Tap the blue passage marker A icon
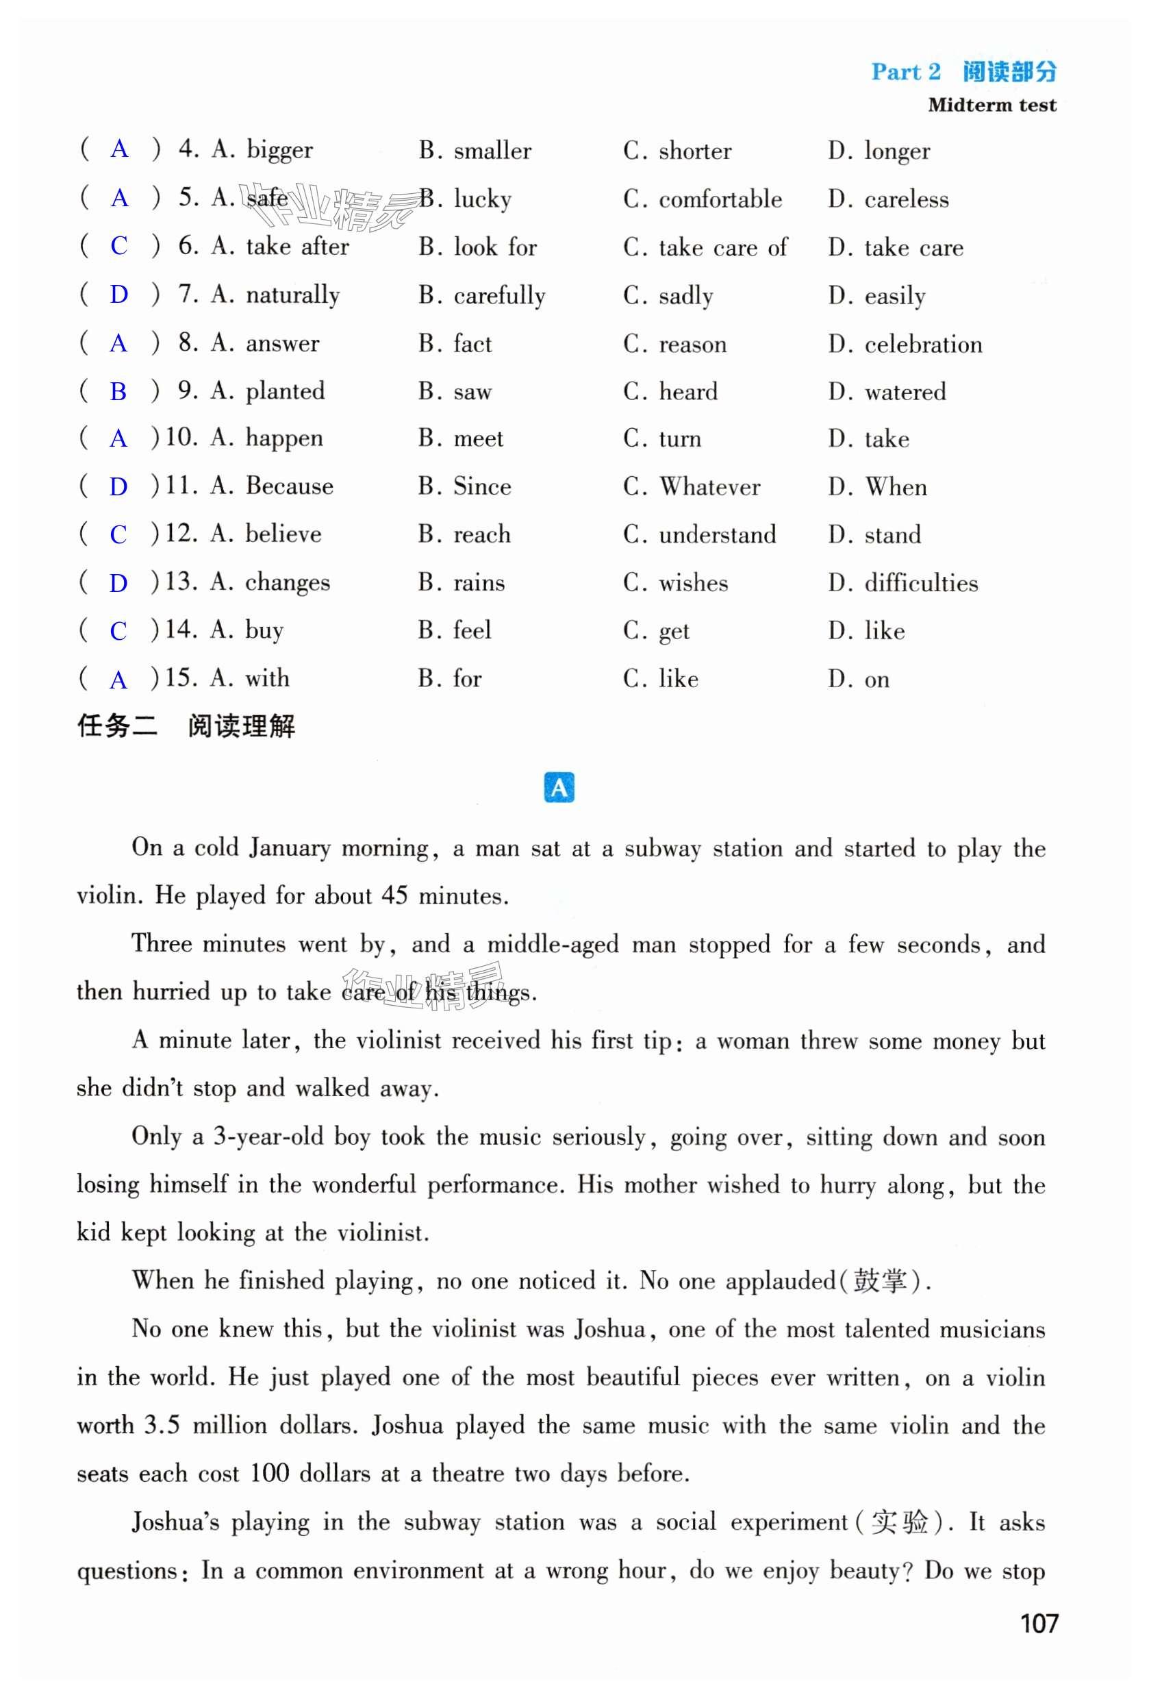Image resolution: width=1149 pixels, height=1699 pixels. (x=559, y=788)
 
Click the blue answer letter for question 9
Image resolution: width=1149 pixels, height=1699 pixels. (x=118, y=392)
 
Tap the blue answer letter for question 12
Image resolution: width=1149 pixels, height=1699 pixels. (x=118, y=535)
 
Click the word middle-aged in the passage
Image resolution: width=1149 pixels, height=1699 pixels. (x=553, y=945)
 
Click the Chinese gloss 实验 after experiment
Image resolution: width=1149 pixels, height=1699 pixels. (x=899, y=1522)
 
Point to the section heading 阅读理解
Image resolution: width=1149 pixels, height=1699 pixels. (x=241, y=727)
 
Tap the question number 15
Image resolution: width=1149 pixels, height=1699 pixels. (x=181, y=678)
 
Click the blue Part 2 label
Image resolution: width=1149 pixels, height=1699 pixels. (x=906, y=72)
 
